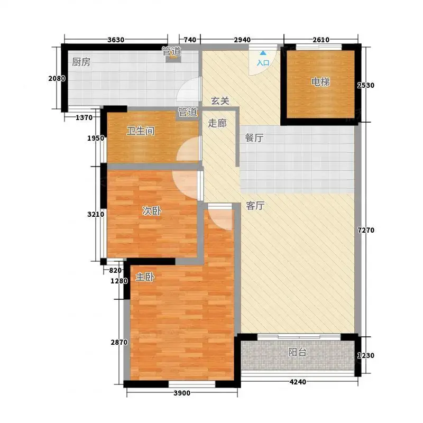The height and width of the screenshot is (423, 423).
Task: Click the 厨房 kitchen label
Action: [x=81, y=62]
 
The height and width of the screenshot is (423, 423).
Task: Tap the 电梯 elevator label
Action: [x=320, y=82]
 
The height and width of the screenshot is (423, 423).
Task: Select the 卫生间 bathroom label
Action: [x=141, y=131]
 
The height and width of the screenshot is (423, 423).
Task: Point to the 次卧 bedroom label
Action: [x=152, y=210]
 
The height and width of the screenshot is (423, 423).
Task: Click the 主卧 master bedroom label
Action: [x=145, y=277]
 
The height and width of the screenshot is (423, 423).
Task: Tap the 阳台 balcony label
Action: [x=297, y=352]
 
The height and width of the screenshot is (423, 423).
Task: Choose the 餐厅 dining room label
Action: [x=254, y=138]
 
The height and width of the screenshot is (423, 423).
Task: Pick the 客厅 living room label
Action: [x=255, y=206]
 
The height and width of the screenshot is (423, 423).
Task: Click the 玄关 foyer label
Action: [x=220, y=101]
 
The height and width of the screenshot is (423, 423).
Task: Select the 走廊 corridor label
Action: [x=217, y=123]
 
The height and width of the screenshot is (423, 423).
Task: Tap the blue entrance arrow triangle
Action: [x=263, y=53]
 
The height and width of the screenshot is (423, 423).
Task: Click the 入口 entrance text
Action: [x=263, y=63]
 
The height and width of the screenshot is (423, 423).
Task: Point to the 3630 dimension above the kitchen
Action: [x=116, y=40]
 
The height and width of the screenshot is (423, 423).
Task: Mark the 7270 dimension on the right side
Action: [x=366, y=230]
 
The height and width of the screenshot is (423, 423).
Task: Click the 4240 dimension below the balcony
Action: [x=298, y=382]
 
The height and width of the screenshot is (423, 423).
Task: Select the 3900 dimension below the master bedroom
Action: [x=182, y=393]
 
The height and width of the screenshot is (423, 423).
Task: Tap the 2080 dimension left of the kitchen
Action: [x=57, y=78]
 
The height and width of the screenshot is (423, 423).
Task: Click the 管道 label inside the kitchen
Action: [x=171, y=51]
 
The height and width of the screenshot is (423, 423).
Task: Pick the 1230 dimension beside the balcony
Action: [x=366, y=355]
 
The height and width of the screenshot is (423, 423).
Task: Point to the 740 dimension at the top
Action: [x=190, y=40]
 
